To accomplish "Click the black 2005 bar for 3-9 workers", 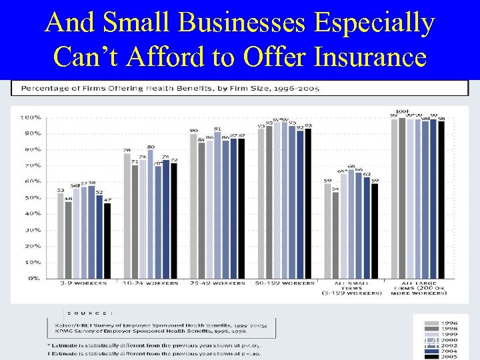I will pos(107,240).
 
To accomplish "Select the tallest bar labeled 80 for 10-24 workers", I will pos(151,213).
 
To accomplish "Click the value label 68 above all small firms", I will pos(351,166).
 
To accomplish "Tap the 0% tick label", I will pos(33,278).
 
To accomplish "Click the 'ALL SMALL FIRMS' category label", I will pos(351,289).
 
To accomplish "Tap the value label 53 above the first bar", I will pos(61,190).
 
